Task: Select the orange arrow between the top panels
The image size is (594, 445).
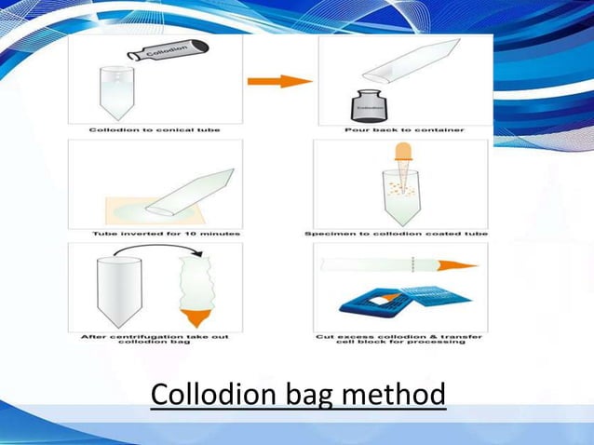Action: tap(279, 81)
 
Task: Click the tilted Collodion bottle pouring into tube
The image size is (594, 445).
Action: tap(170, 50)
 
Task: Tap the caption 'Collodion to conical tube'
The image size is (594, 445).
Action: tap(155, 129)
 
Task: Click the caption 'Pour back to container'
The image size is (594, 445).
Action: tap(401, 129)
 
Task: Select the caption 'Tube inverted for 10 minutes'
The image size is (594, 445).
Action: tap(155, 232)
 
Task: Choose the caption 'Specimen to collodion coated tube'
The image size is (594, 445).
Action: tap(401, 232)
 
